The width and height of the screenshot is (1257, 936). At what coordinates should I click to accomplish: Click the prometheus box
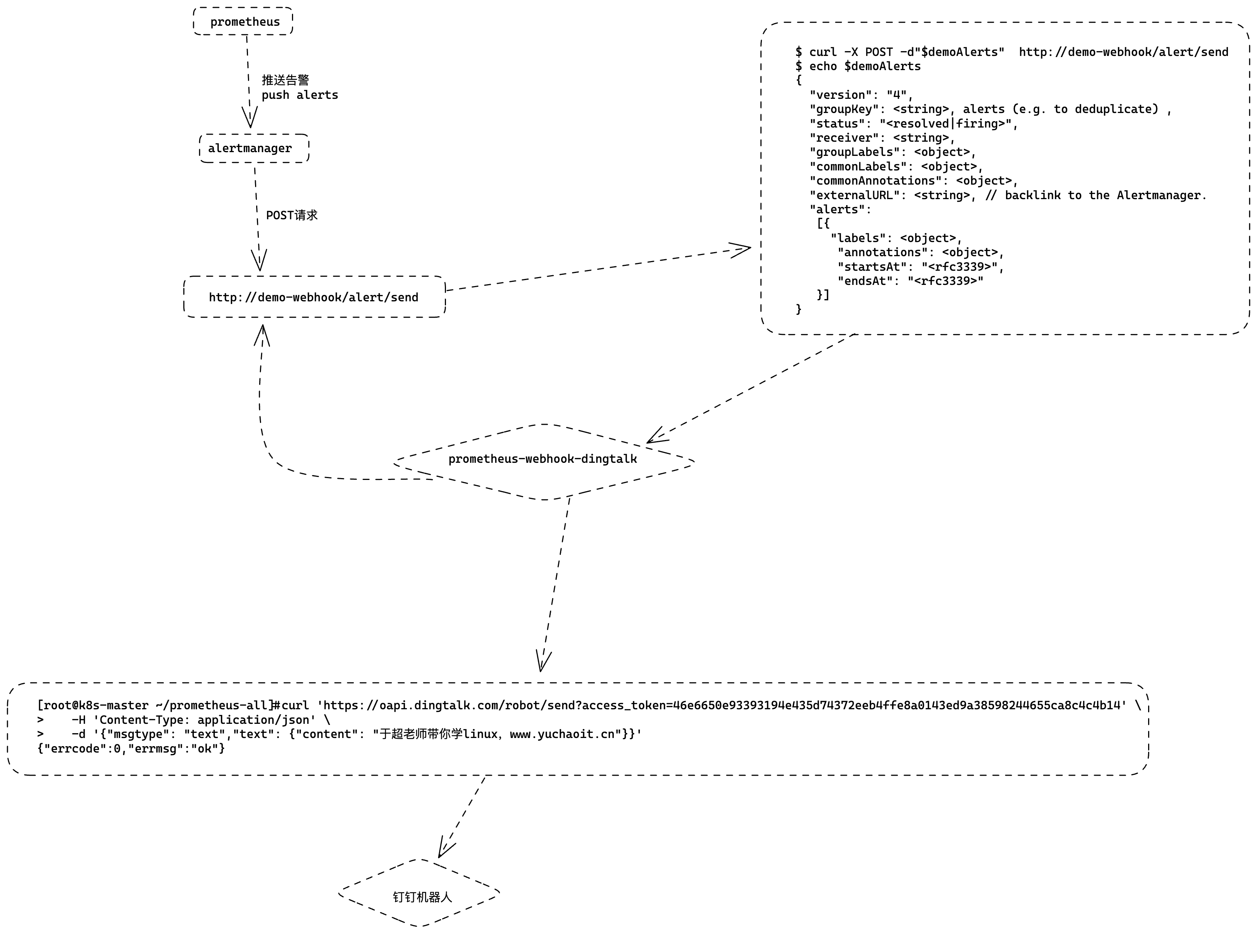coord(243,22)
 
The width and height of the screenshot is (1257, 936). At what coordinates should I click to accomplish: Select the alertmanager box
coord(254,148)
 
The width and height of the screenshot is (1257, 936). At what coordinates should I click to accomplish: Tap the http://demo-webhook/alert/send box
coord(314,297)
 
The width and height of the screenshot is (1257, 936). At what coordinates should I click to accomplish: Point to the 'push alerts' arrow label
coord(300,95)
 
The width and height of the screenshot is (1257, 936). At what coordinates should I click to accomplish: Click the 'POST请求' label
coord(292,215)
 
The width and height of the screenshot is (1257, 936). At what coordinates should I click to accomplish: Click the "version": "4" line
coord(861,95)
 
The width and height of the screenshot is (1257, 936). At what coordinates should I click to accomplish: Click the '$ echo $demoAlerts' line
coord(858,66)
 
